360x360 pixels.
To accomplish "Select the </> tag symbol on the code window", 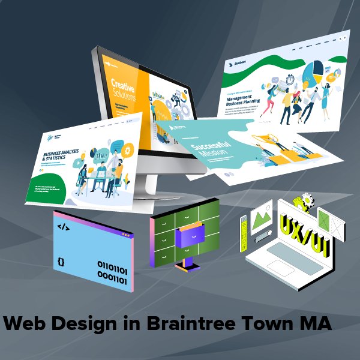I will tap(62, 227).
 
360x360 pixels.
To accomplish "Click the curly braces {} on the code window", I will tap(61, 262).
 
